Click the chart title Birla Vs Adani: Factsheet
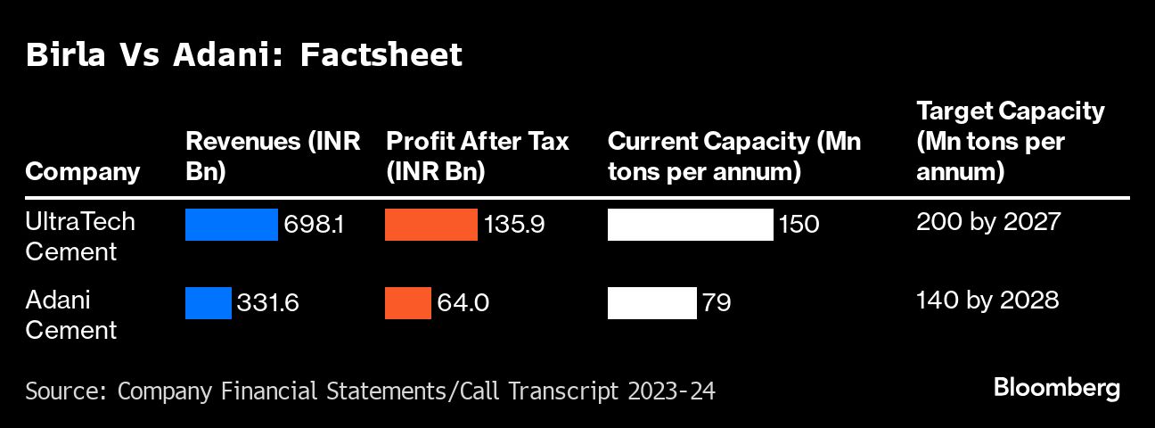click(x=244, y=55)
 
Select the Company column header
click(x=82, y=171)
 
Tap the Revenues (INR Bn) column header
click(x=273, y=156)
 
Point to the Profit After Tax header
click(x=477, y=156)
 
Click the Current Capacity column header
click(x=733, y=156)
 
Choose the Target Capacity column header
click(x=1010, y=141)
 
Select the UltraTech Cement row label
click(x=80, y=236)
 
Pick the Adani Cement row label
click(x=71, y=315)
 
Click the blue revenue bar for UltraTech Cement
click(x=231, y=225)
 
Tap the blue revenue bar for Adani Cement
click(x=208, y=303)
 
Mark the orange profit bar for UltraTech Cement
click(x=430, y=225)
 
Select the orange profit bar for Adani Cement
click(x=407, y=303)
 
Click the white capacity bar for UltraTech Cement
click(x=690, y=225)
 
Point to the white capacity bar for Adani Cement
click(x=651, y=303)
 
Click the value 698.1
click(x=314, y=225)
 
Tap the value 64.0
click(x=463, y=303)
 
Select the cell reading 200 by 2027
click(x=987, y=221)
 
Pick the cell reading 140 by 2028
click(x=987, y=300)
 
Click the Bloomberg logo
click(x=1056, y=388)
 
